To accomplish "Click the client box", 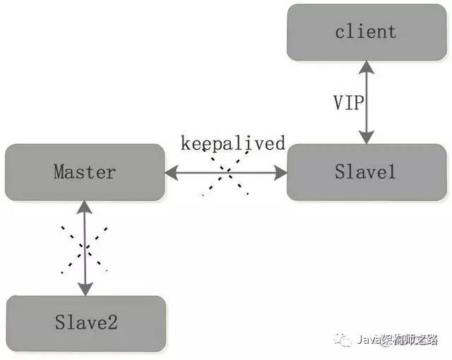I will click(x=366, y=32).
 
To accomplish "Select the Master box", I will click(x=85, y=172).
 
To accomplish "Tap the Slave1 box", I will click(x=366, y=172).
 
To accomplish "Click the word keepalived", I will click(x=232, y=144).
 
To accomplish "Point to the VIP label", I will click(x=348, y=102).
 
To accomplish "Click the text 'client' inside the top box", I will click(x=366, y=32).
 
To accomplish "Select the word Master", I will click(x=85, y=172).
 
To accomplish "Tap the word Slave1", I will click(x=366, y=172).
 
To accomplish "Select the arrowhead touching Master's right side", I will click(x=172, y=172).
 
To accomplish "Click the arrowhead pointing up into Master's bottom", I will click(x=85, y=206).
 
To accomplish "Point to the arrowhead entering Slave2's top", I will click(x=85, y=289).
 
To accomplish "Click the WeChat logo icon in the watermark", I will click(x=345, y=340).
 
